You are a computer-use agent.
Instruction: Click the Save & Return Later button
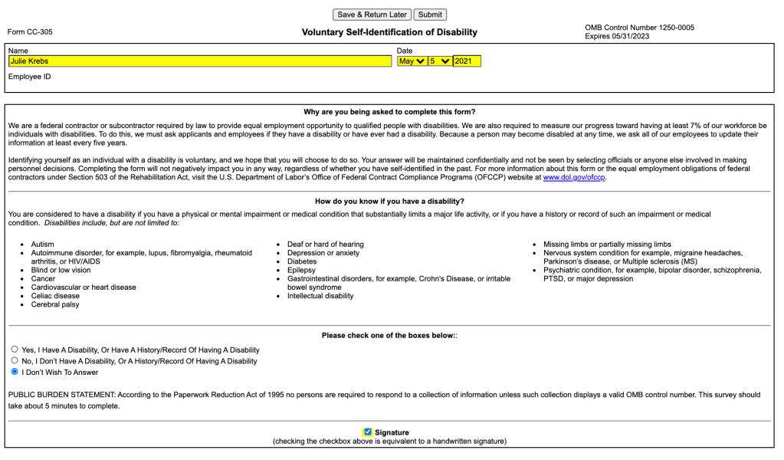click(x=372, y=15)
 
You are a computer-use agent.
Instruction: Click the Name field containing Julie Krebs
click(x=199, y=61)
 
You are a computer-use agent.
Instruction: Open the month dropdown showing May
click(x=412, y=61)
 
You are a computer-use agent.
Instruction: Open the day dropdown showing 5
click(x=440, y=61)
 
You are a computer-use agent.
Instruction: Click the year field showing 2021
click(x=467, y=61)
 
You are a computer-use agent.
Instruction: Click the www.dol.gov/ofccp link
click(x=574, y=178)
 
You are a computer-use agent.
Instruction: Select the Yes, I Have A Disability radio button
click(x=15, y=349)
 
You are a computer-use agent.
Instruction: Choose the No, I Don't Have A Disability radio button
click(x=15, y=360)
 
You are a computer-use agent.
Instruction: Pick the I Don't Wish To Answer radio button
click(x=15, y=372)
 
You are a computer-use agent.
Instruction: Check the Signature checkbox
click(x=368, y=432)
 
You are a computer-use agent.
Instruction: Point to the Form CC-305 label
click(x=30, y=32)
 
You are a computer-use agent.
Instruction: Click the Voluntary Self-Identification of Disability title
click(x=389, y=32)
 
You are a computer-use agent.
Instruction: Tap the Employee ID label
click(x=30, y=77)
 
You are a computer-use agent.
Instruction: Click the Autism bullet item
click(x=42, y=245)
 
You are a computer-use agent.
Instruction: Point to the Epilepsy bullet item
click(x=301, y=270)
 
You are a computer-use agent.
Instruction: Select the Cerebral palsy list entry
click(x=55, y=304)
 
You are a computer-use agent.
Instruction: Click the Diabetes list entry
click(x=302, y=261)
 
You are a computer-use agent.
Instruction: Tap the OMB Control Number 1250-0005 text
click(x=639, y=28)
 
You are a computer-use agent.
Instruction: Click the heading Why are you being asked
click(x=389, y=112)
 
